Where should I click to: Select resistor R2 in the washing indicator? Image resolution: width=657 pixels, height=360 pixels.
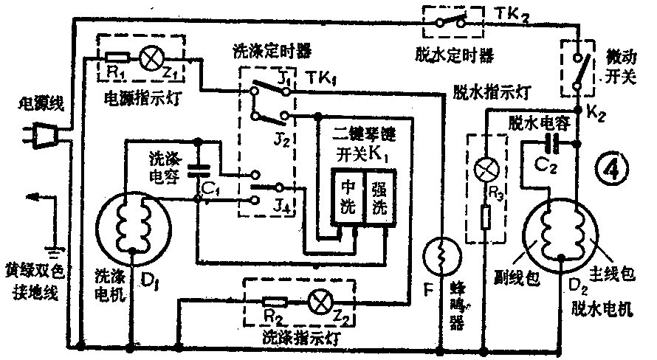[274, 301]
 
